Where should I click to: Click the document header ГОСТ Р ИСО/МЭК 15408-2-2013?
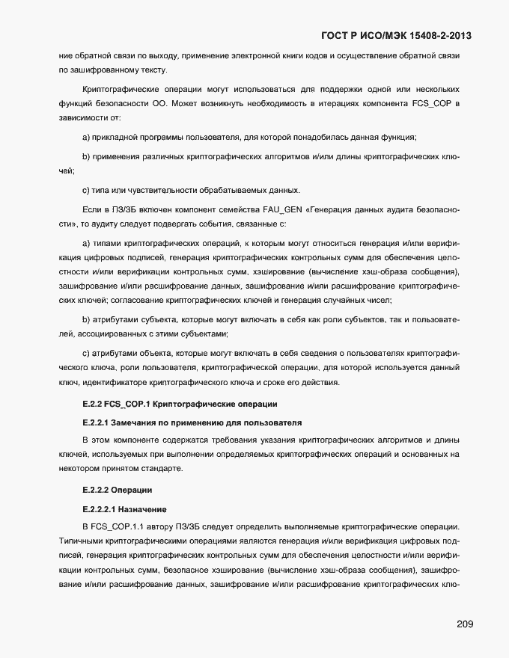click(396, 35)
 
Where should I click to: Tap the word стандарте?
click(160, 469)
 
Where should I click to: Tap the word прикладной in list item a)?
click(117, 138)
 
